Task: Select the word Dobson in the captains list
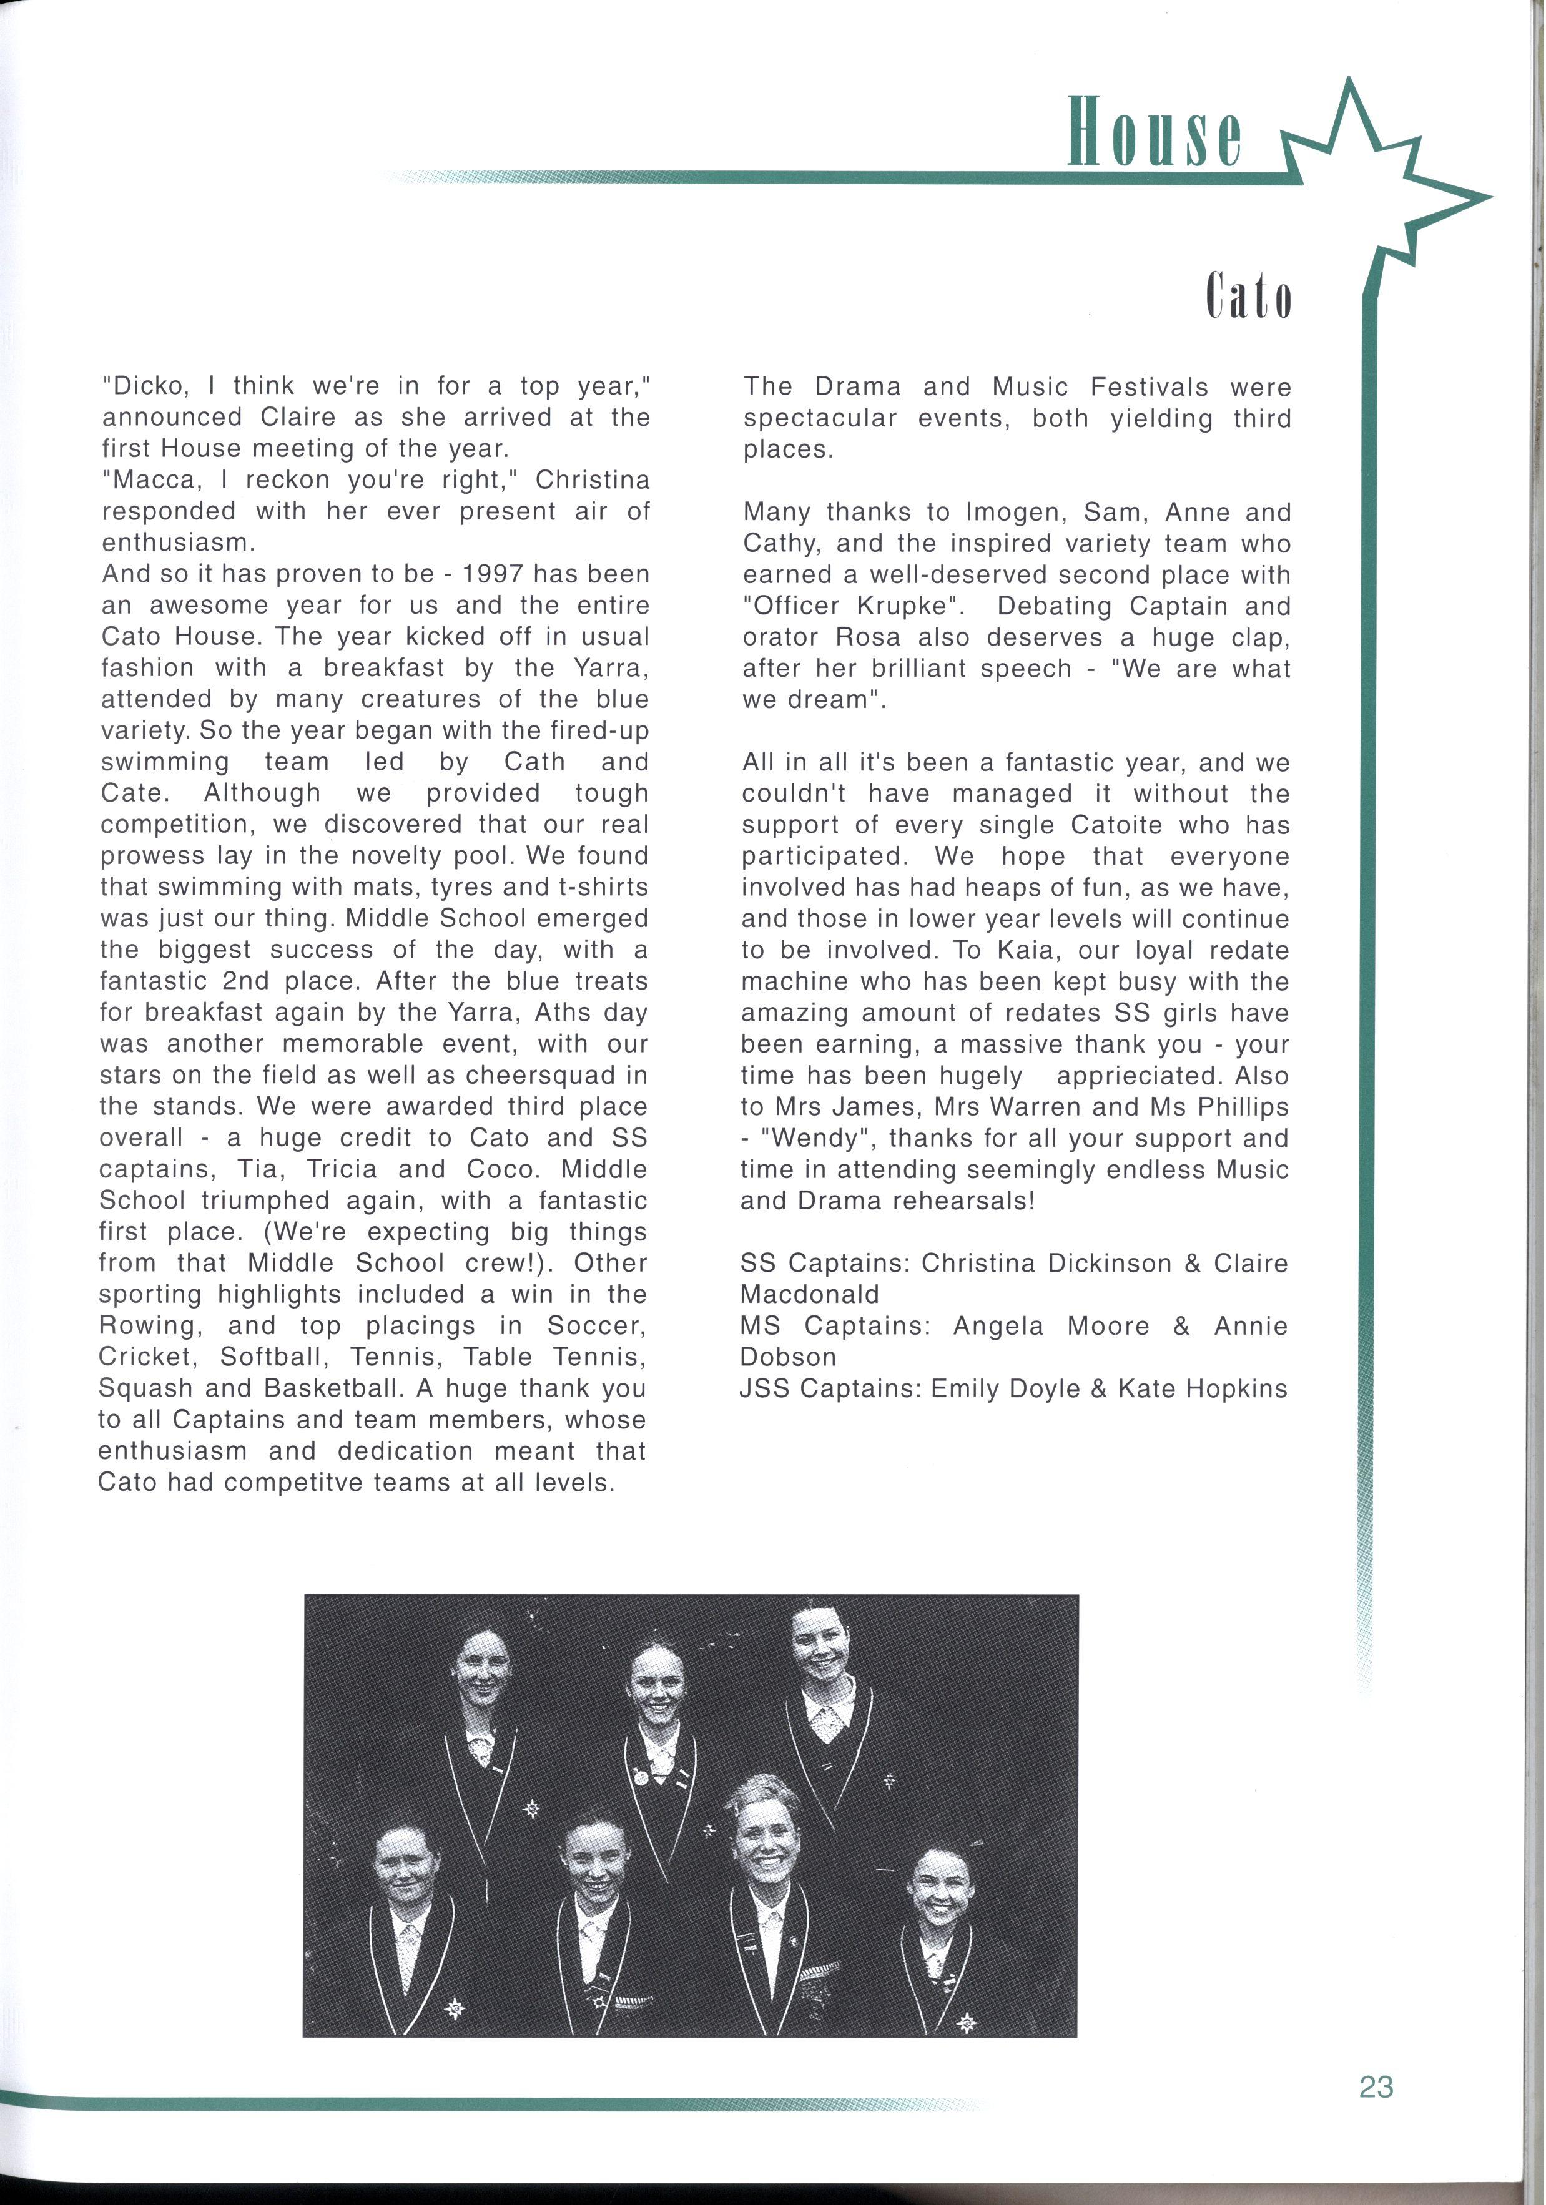(787, 1358)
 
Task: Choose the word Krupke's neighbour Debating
(1051, 607)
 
